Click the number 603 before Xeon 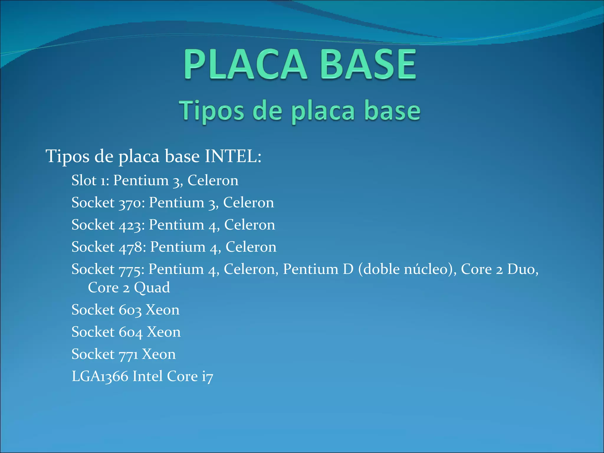(x=130, y=310)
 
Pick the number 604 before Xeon (x=131, y=332)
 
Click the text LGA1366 (x=100, y=377)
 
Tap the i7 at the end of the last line (x=207, y=377)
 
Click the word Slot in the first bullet (x=84, y=180)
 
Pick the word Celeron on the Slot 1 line (x=213, y=180)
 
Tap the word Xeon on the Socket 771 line (x=159, y=354)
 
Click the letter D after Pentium (x=348, y=269)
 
